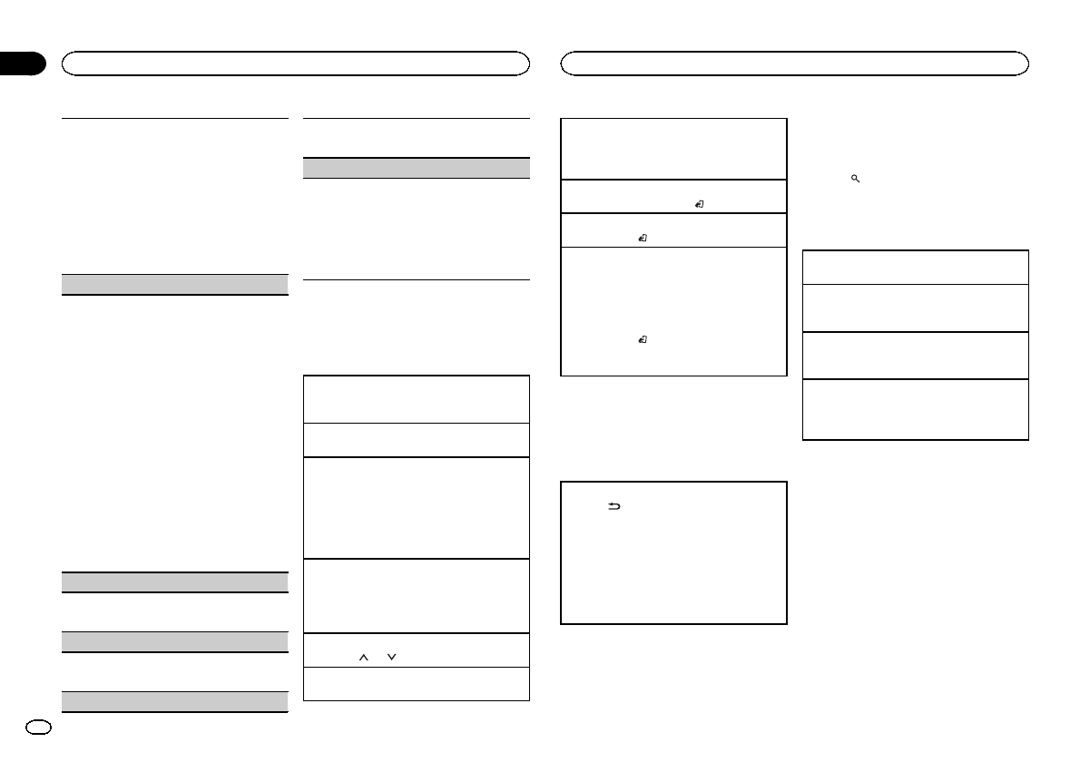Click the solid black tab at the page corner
pyautogui.click(x=22, y=63)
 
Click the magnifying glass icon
pyautogui.click(x=855, y=180)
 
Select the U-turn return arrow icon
pyautogui.click(x=614, y=508)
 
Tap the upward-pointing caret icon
pyautogui.click(x=363, y=657)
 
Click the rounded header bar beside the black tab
pyautogui.click(x=295, y=63)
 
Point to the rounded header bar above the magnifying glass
pyautogui.click(x=794, y=63)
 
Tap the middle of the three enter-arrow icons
pyautogui.click(x=642, y=238)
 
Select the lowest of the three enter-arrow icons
pyautogui.click(x=642, y=339)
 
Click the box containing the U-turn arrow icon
pyautogui.click(x=673, y=552)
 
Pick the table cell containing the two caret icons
pyautogui.click(x=416, y=650)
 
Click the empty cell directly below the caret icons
pyautogui.click(x=416, y=684)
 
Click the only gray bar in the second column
pyautogui.click(x=416, y=168)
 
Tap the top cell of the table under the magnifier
pyautogui.click(x=916, y=267)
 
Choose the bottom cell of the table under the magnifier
pyautogui.click(x=916, y=409)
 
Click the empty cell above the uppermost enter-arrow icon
pyautogui.click(x=673, y=149)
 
